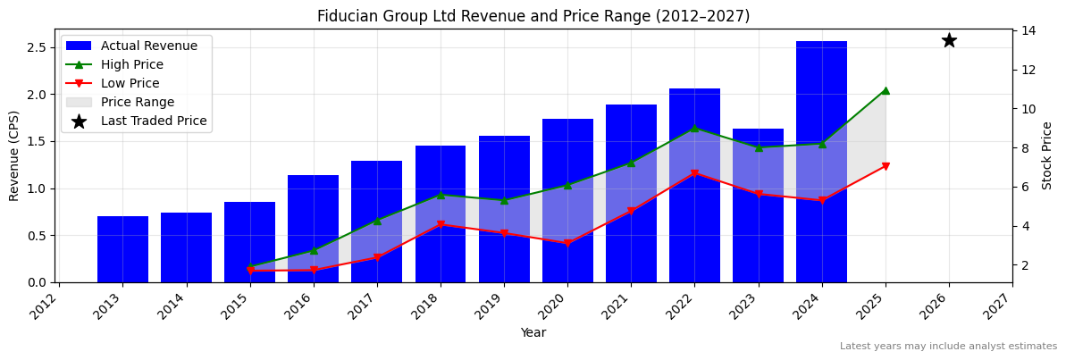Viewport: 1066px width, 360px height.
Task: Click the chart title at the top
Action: pyautogui.click(x=533, y=16)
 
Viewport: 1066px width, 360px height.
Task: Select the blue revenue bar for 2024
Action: pyautogui.click(x=821, y=161)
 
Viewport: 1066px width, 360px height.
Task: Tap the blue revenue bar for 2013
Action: pyautogui.click(x=122, y=249)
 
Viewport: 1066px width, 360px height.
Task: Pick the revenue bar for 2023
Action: pyautogui.click(x=758, y=205)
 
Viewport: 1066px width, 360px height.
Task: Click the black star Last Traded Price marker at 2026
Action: pyautogui.click(x=949, y=40)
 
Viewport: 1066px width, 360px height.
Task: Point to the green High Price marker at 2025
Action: pyautogui.click(x=886, y=90)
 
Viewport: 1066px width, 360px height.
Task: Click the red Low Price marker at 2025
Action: pyautogui.click(x=886, y=166)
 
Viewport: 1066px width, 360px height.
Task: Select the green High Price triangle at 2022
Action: pyautogui.click(x=694, y=128)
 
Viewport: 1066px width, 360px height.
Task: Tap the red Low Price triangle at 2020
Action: pyautogui.click(x=567, y=243)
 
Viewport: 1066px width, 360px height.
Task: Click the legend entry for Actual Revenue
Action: pyautogui.click(x=148, y=46)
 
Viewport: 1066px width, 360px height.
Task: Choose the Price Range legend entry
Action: pyautogui.click(x=137, y=103)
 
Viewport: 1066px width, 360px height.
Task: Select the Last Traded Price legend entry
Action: pyautogui.click(x=153, y=121)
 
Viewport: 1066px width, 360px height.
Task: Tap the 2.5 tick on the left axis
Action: pyautogui.click(x=36, y=47)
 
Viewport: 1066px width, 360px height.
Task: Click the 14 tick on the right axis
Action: pyautogui.click(x=1029, y=30)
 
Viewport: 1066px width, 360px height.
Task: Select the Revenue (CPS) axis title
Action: pyautogui.click(x=14, y=155)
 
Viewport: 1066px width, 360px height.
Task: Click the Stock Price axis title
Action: pyautogui.click(x=1047, y=155)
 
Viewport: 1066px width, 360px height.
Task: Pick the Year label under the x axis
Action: pyautogui.click(x=533, y=333)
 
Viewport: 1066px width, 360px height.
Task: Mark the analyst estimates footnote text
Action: pyautogui.click(x=948, y=347)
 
